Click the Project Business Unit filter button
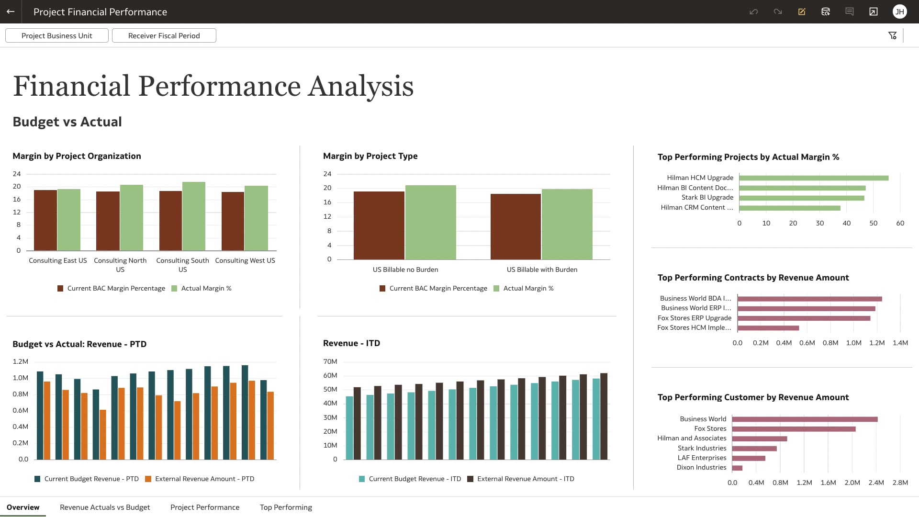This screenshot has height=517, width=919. [x=56, y=35]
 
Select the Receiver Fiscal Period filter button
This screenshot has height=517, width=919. [x=164, y=35]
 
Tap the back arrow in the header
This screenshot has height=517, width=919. [x=11, y=11]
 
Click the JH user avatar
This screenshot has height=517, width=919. [x=899, y=11]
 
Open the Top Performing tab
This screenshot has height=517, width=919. [x=286, y=507]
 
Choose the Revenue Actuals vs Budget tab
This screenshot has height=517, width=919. [x=105, y=507]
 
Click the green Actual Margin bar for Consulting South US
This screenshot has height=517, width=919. [x=194, y=216]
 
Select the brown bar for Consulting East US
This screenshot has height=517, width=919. [x=45, y=220]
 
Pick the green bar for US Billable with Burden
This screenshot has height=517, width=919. [x=567, y=224]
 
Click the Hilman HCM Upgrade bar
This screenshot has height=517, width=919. [x=814, y=178]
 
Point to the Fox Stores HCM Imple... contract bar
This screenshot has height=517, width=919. [x=768, y=328]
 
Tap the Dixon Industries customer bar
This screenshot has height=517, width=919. [x=737, y=468]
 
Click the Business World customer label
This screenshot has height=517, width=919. [x=703, y=419]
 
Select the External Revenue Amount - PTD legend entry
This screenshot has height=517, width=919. [x=204, y=479]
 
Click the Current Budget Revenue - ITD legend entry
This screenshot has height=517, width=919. [x=415, y=479]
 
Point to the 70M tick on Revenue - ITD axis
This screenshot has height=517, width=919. [x=330, y=361]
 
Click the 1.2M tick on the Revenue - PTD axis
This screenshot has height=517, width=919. [x=20, y=361]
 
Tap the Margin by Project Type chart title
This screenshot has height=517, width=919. [x=370, y=156]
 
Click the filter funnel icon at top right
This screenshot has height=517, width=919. [x=892, y=35]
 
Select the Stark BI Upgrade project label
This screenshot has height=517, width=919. [x=707, y=197]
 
